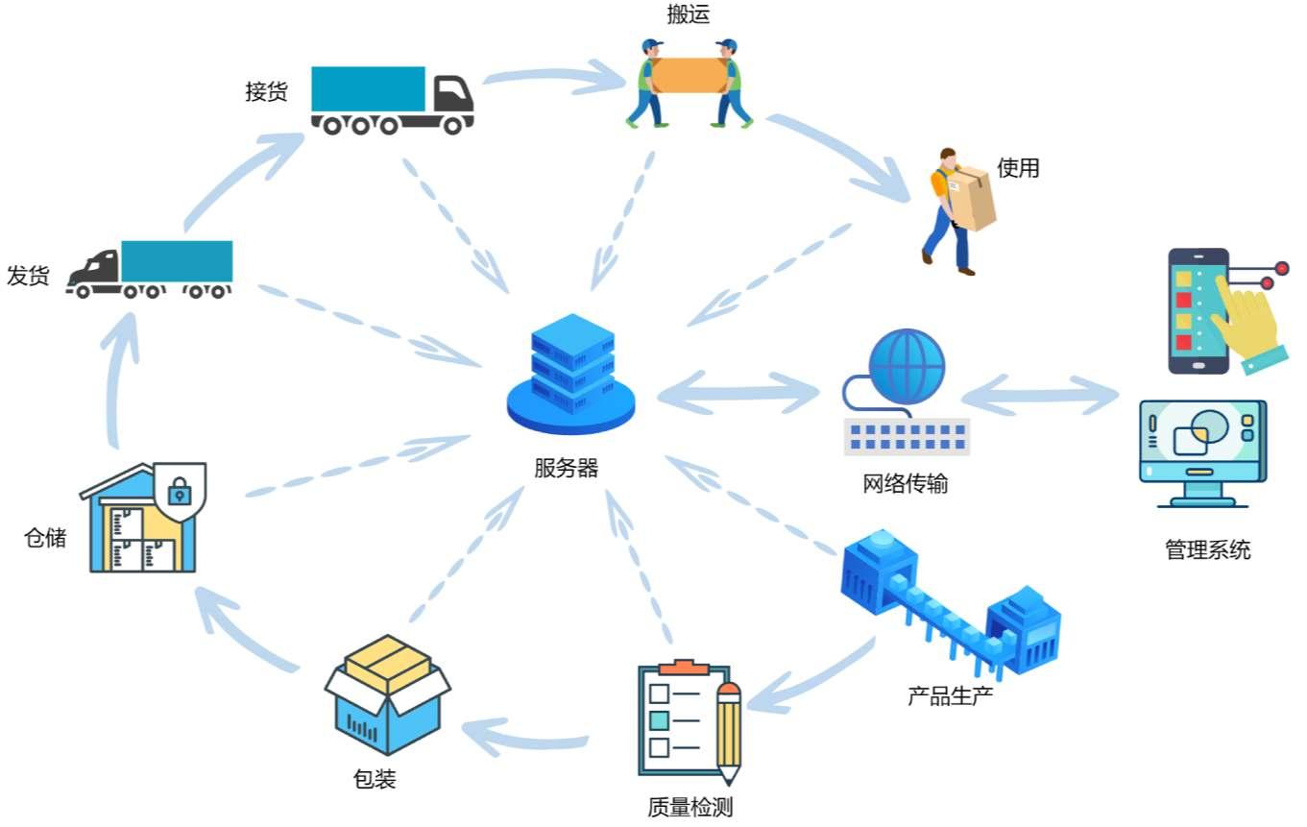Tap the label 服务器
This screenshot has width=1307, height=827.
pyautogui.click(x=567, y=469)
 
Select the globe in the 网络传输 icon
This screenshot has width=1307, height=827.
pyautogui.click(x=907, y=369)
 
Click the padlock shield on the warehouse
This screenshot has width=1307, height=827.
pyautogui.click(x=179, y=492)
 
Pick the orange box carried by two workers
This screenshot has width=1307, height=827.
pyautogui.click(x=690, y=75)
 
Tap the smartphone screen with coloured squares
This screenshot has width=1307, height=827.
pyautogui.click(x=1196, y=309)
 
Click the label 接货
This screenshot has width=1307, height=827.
pyautogui.click(x=266, y=92)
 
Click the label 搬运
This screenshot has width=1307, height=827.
pyautogui.click(x=689, y=14)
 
